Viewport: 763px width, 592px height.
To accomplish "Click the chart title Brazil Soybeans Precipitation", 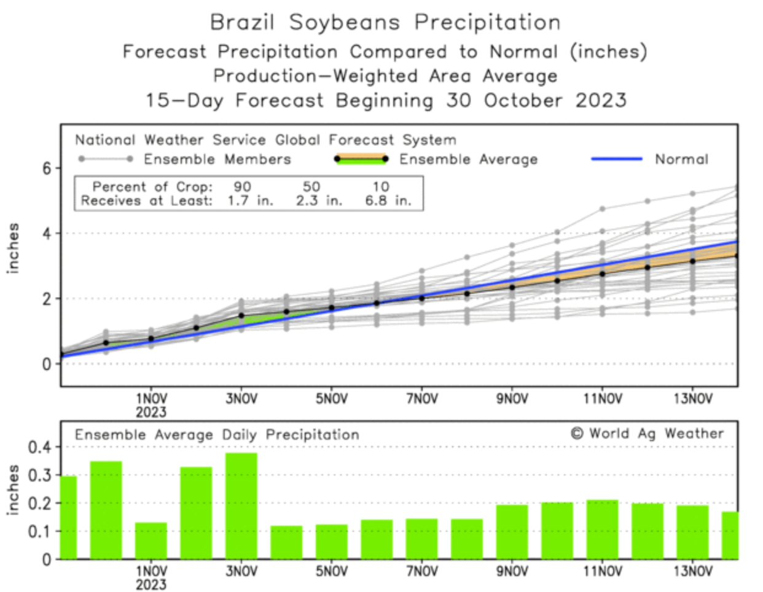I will tap(385, 23).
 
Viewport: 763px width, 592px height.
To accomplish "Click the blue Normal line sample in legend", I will tap(616, 159).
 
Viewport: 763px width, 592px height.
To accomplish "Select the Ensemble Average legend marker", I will tap(361, 159).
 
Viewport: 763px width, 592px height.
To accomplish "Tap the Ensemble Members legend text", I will tap(217, 160).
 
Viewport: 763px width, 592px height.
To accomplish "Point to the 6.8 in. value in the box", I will tap(388, 201).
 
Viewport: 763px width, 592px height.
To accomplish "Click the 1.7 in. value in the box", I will tap(250, 201).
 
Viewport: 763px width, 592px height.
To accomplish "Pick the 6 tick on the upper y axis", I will tap(47, 168).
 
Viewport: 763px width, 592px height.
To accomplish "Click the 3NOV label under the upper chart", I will tap(241, 399).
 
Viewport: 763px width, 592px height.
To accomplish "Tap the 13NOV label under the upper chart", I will tap(692, 399).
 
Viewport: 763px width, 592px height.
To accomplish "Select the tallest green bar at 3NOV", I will tap(241, 506).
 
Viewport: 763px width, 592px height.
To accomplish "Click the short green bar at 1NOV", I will tap(151, 540).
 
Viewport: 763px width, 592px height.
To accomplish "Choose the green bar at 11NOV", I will tap(602, 529).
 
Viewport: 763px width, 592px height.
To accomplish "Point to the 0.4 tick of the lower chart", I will tap(40, 447).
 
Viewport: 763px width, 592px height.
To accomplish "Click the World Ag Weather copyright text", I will tap(648, 434).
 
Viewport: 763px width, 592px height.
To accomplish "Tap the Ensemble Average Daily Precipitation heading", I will tap(217, 435).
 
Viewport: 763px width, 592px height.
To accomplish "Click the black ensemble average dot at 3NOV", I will tap(241, 316).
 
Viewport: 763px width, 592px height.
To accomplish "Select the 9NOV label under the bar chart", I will tap(512, 571).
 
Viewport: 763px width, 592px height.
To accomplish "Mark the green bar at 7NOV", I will tap(421, 539).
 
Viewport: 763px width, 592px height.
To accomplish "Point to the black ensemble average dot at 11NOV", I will tap(602, 274).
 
